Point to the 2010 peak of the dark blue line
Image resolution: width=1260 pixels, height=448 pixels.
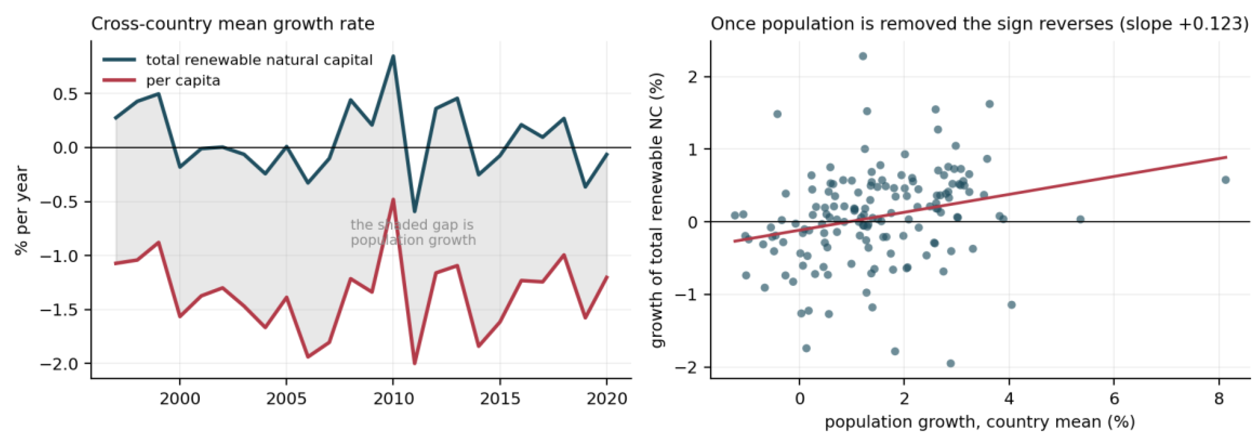coord(393,56)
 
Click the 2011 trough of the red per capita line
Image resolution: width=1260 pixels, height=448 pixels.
coord(414,363)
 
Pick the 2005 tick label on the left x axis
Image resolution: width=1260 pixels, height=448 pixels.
coord(286,399)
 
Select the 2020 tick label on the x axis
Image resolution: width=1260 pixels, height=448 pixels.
coord(606,399)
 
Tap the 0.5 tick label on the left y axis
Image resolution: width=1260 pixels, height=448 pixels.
coord(66,93)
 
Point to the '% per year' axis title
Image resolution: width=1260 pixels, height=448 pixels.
coord(22,210)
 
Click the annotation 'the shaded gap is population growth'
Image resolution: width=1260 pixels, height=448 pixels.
coord(413,232)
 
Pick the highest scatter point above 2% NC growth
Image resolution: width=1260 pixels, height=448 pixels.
coord(863,56)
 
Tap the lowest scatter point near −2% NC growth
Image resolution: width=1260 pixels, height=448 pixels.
coord(950,363)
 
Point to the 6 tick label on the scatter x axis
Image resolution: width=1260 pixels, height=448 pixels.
coord(1114,399)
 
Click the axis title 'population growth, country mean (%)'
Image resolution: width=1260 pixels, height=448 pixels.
coord(980,422)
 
